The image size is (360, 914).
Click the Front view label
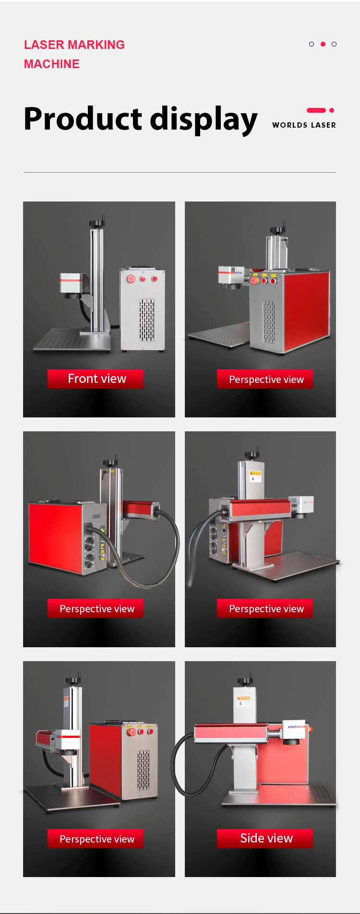click(x=97, y=379)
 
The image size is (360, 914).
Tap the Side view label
click(x=266, y=838)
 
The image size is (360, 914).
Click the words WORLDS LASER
click(x=304, y=125)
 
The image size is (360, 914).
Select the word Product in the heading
click(x=83, y=119)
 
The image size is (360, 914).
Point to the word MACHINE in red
click(x=52, y=64)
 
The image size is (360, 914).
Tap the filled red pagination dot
click(x=323, y=44)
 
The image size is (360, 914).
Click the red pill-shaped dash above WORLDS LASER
click(x=316, y=110)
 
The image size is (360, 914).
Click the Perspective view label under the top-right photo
click(x=266, y=379)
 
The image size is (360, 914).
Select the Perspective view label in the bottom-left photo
click(x=97, y=839)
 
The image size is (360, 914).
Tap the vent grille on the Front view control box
click(x=147, y=320)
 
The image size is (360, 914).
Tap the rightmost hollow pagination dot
click(x=334, y=44)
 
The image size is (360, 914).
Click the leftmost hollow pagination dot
click(x=312, y=44)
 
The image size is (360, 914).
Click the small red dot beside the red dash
click(x=332, y=110)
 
